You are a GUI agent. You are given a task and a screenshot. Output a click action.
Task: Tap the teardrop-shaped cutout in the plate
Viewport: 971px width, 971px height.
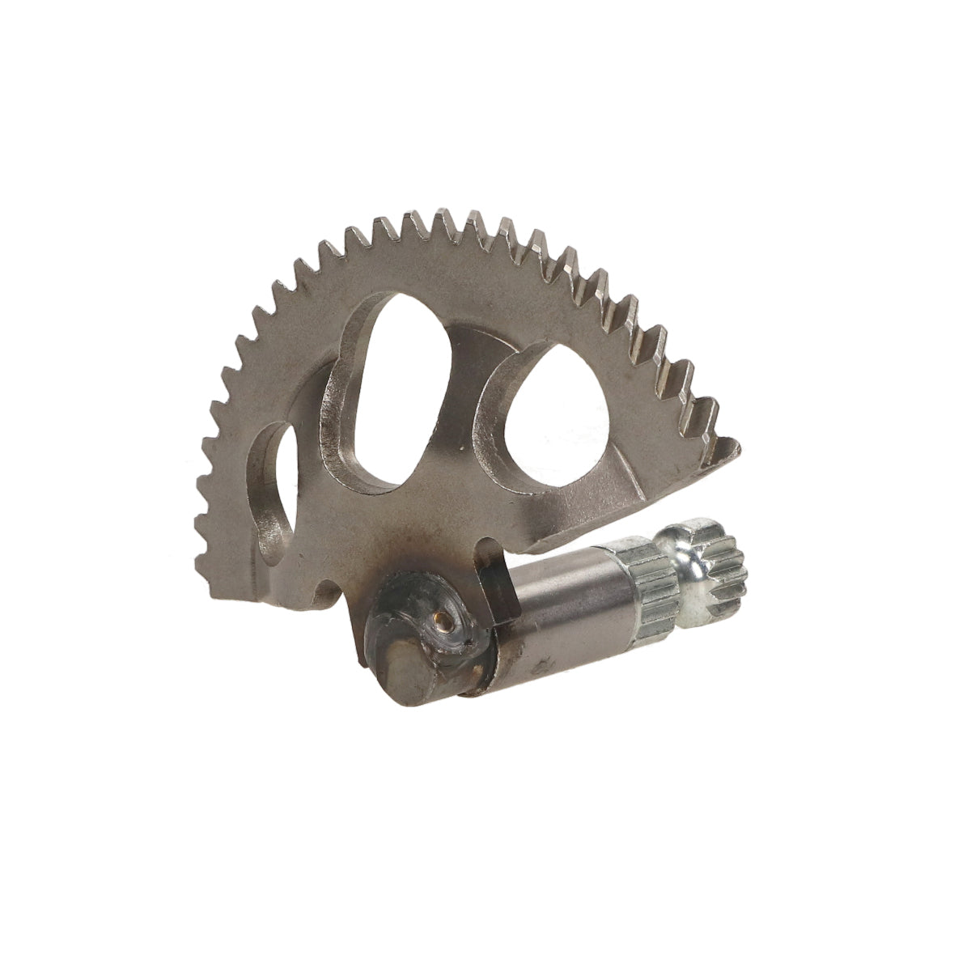point(558,421)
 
